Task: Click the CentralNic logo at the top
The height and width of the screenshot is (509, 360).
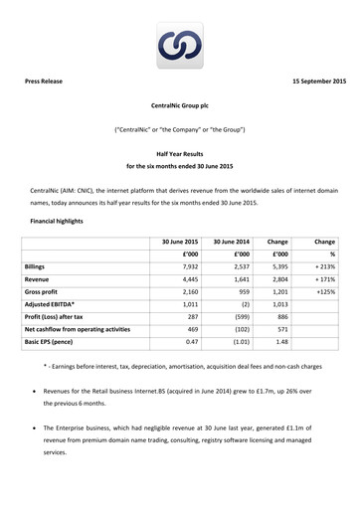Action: point(179,45)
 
